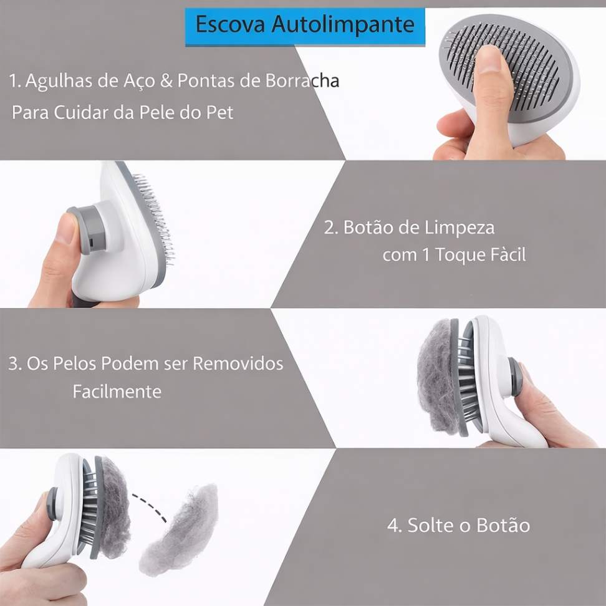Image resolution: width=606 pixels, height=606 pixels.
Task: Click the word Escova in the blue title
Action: tap(230, 24)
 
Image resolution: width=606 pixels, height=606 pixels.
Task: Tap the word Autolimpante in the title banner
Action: tap(343, 26)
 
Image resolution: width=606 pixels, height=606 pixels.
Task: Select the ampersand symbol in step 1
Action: tap(166, 81)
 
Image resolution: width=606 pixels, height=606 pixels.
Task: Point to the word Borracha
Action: tap(302, 81)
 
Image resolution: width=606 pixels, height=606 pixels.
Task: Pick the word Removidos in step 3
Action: tap(238, 363)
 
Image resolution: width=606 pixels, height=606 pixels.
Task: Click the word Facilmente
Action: tap(117, 392)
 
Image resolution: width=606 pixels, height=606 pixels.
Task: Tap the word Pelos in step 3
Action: tap(74, 363)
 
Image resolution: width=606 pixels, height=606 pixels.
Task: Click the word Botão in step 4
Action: tap(503, 525)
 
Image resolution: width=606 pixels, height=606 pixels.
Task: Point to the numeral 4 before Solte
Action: tap(393, 526)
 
